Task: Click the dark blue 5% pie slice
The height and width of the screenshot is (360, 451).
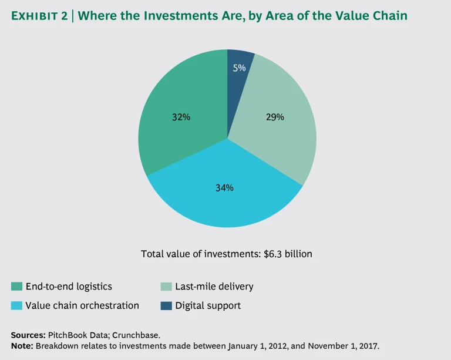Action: tap(239, 76)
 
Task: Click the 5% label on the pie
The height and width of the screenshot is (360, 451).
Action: tap(239, 68)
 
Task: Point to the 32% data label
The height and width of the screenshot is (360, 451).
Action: tap(181, 117)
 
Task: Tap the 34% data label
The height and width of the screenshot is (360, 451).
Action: tap(224, 188)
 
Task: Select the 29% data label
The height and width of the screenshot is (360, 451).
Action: tap(275, 117)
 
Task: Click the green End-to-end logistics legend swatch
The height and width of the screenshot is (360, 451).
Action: tap(16, 287)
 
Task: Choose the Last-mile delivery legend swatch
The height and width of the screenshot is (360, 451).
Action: tap(166, 287)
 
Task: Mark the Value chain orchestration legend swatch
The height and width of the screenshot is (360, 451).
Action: tap(16, 305)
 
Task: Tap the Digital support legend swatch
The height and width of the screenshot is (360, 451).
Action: tap(166, 305)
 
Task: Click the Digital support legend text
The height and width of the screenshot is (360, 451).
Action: tap(208, 305)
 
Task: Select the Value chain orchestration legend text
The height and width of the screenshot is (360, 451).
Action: tap(82, 305)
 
